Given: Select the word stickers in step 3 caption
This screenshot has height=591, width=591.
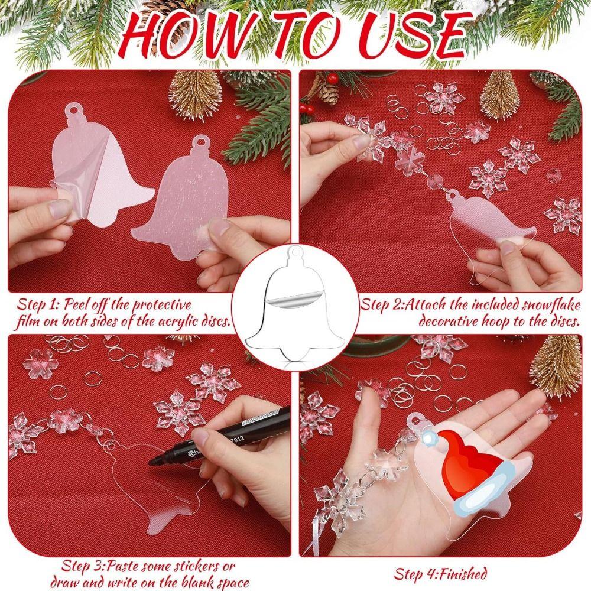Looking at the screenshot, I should click(191, 566).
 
